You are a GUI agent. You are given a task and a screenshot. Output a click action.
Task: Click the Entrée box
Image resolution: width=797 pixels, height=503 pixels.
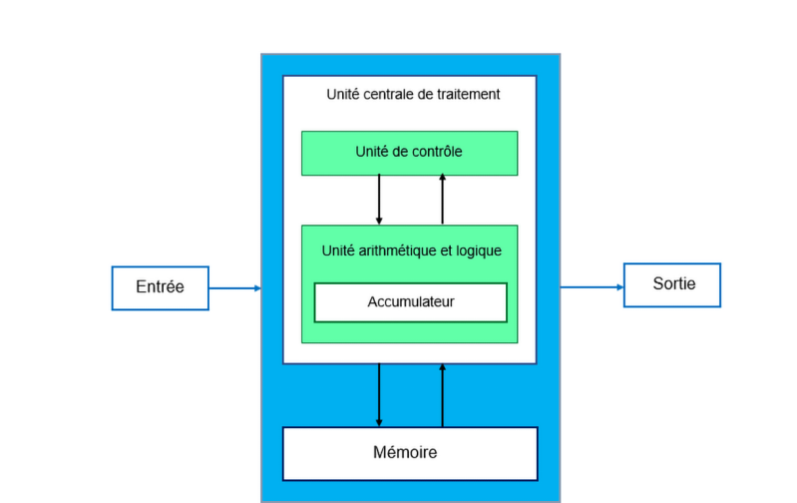tap(160, 287)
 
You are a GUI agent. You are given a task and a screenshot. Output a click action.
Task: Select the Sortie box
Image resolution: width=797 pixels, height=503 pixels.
tap(671, 284)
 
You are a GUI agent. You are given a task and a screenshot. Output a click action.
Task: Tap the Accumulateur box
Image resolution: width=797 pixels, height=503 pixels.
tap(410, 302)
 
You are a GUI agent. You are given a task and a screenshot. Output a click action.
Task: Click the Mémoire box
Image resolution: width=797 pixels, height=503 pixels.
tap(410, 453)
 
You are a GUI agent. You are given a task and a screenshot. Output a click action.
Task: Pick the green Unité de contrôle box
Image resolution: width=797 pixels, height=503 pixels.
tap(409, 153)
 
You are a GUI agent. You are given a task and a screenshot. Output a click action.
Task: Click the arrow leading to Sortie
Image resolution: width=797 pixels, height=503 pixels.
tap(592, 287)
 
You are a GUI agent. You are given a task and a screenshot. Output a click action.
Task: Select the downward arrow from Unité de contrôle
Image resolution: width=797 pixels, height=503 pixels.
tap(379, 200)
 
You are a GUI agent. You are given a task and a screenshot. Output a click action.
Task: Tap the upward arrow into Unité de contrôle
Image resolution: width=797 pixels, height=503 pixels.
tap(442, 200)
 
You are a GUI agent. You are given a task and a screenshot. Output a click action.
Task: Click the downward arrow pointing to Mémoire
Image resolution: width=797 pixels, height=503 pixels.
tap(379, 394)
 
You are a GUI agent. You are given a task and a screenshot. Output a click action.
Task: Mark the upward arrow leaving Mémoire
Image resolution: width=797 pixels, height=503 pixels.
tap(442, 394)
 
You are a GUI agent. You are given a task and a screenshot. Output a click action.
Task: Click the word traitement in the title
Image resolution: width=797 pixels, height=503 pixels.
tap(470, 95)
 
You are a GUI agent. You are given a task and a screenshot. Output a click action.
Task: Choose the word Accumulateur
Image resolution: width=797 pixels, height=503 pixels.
tap(410, 301)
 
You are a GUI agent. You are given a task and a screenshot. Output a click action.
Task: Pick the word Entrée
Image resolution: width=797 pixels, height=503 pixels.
tap(160, 287)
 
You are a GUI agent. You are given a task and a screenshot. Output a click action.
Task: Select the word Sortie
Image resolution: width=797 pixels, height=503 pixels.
tap(672, 283)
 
